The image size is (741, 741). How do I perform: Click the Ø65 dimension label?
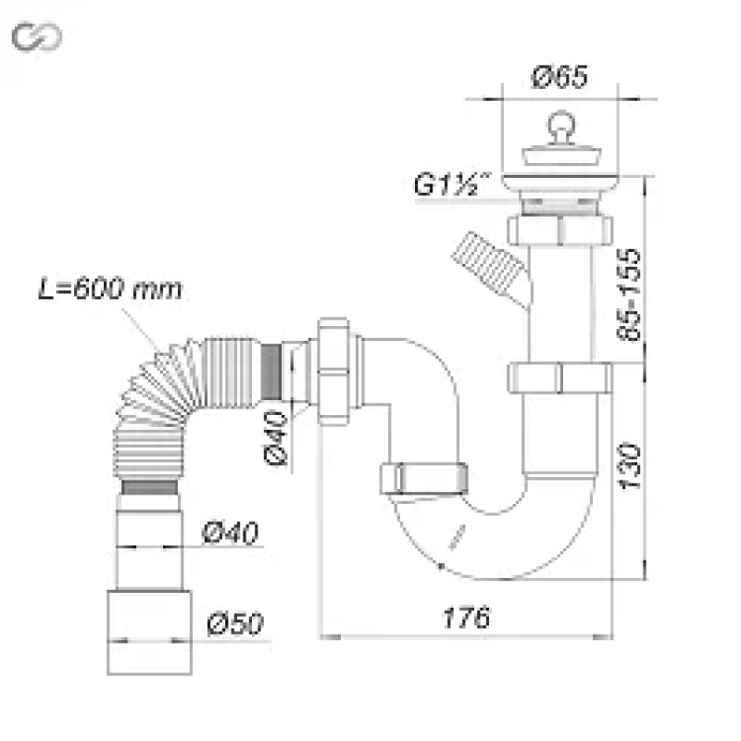[x=561, y=78]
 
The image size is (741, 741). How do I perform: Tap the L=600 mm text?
[x=110, y=288]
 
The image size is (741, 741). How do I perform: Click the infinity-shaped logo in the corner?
[x=36, y=37]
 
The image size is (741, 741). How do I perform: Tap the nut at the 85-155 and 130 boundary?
[x=559, y=378]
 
